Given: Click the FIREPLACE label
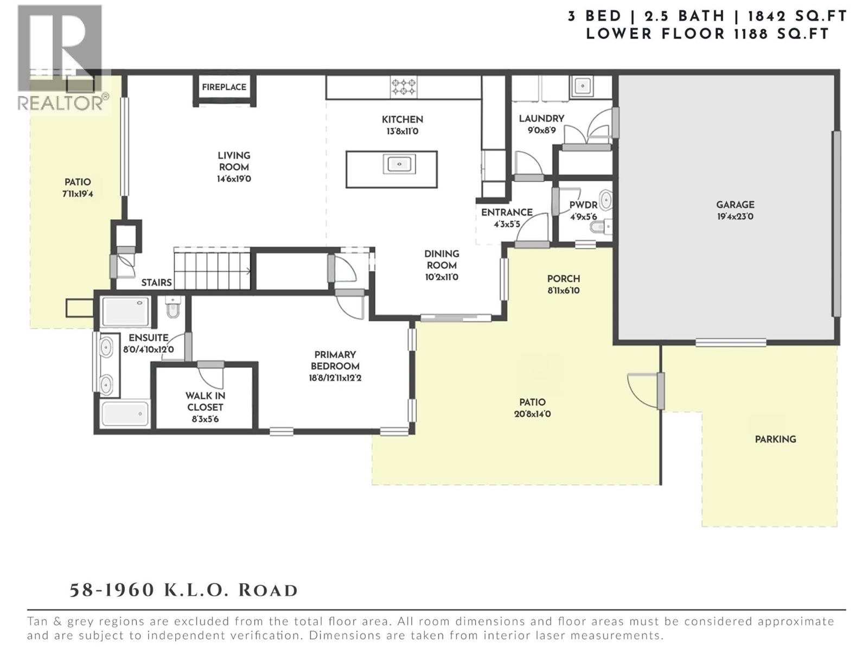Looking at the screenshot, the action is (x=224, y=87).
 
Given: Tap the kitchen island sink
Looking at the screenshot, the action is (x=399, y=164).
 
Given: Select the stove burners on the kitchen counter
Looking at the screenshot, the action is (x=404, y=87).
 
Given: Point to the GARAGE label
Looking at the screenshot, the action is (x=735, y=205).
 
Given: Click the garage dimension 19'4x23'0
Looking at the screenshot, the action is (x=735, y=216).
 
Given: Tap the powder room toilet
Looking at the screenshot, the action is (x=602, y=227).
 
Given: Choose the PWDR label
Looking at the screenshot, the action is (x=583, y=205).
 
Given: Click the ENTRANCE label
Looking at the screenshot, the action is (x=507, y=213).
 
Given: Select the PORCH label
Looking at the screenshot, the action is (x=564, y=279).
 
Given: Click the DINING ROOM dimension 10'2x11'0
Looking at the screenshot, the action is (x=442, y=277).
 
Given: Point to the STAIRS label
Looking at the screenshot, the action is (x=157, y=283).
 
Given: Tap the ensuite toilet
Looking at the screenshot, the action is (x=173, y=307).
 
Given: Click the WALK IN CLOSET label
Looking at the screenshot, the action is (x=205, y=401).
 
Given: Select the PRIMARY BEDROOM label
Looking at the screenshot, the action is (x=335, y=360).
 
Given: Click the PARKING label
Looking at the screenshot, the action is (x=775, y=439).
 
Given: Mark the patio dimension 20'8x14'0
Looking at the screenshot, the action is (x=532, y=414).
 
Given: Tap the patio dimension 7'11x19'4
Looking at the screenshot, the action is (x=78, y=194).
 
